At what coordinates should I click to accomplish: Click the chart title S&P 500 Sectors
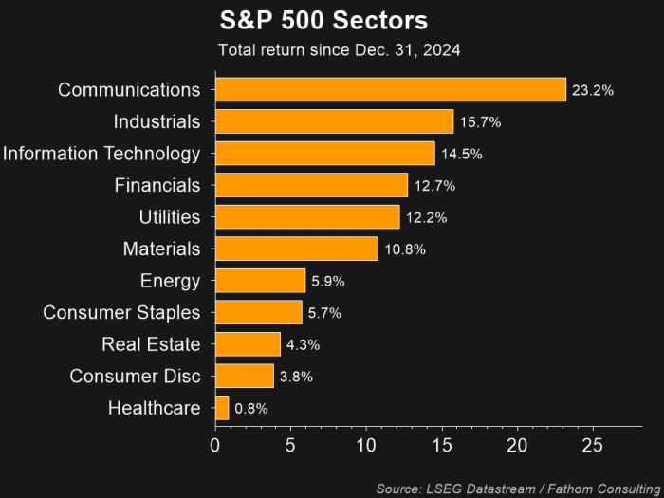323,21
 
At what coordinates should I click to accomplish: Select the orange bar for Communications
390,90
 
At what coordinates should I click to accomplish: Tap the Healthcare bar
222,408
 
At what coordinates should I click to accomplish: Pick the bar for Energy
260,281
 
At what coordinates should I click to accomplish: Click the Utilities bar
307,217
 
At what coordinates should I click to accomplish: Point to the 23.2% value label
593,91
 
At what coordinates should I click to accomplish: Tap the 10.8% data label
405,249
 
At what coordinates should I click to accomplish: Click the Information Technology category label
101,154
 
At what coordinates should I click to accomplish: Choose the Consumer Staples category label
121,313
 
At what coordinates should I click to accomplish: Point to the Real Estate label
151,344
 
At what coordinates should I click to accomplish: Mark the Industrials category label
157,122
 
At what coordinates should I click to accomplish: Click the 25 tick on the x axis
593,444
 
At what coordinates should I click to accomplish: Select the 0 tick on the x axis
215,444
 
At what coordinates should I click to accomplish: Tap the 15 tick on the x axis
442,444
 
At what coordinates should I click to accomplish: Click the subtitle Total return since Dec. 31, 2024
339,50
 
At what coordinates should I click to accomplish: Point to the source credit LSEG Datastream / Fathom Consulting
518,488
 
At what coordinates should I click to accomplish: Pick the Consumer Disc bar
245,377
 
